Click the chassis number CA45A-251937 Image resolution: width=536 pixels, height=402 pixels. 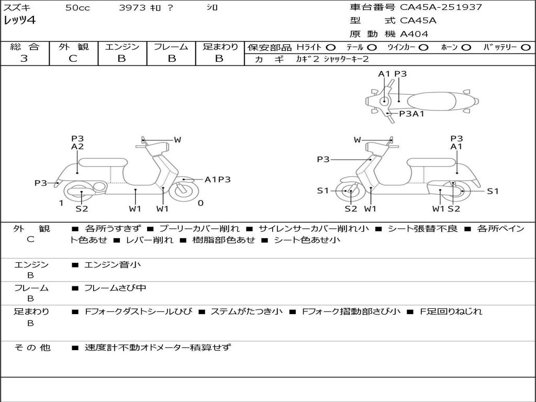tap(441, 7)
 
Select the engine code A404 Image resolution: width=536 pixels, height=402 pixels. tap(414, 34)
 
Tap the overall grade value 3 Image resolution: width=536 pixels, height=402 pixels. tap(24, 59)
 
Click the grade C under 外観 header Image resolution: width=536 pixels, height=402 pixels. tap(73, 59)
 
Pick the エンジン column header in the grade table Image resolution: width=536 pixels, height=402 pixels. tap(122, 47)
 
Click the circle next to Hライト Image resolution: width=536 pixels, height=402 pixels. tap(330, 47)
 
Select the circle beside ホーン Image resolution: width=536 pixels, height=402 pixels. tap(466, 47)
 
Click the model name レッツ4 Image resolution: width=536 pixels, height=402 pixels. tap(19, 21)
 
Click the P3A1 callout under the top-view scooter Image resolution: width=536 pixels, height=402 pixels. tap(411, 113)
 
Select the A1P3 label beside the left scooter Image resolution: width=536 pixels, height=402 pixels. tap(217, 180)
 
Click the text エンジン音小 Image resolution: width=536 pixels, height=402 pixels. tap(112, 265)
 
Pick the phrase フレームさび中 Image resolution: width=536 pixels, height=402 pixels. tap(115, 288)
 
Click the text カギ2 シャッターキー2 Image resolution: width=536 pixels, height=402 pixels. tap(332, 59)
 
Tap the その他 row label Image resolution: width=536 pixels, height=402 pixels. tap(32, 347)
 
